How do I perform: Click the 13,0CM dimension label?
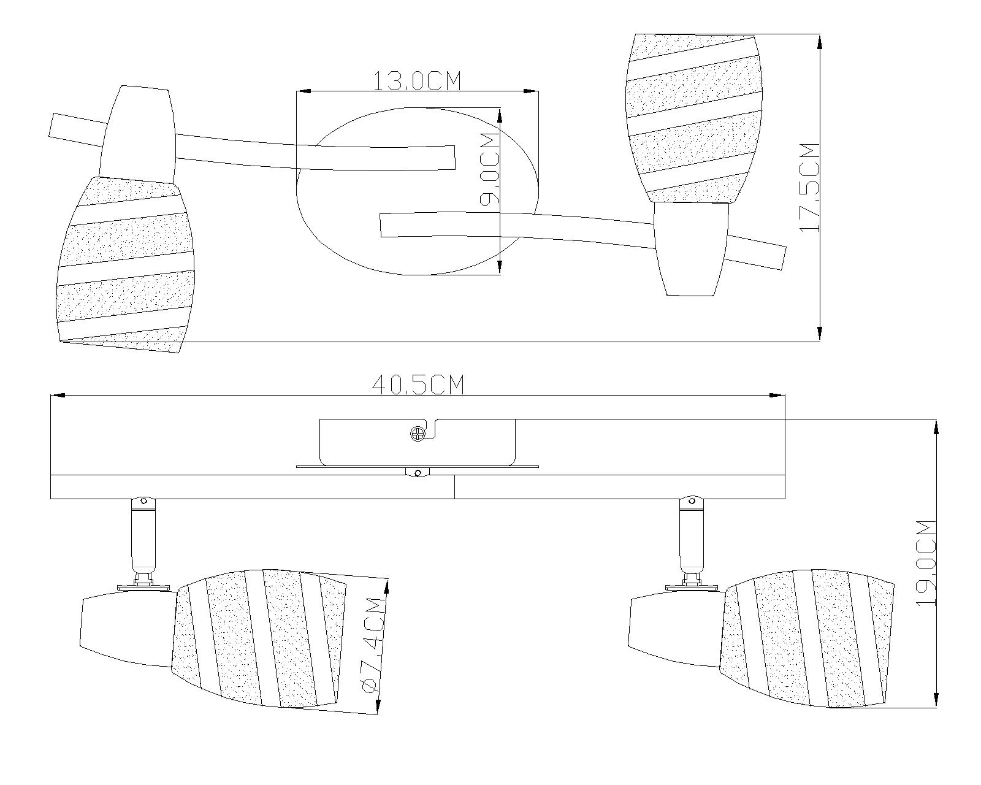[x=417, y=81]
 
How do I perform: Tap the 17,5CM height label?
[x=809, y=187]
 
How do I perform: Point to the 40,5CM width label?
[x=418, y=385]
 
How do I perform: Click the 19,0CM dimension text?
[x=926, y=562]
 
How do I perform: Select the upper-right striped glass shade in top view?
[x=693, y=117]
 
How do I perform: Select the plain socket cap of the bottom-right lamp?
[x=674, y=629]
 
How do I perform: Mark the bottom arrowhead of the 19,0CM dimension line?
[x=936, y=700]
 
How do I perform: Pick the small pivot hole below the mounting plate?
[x=418, y=473]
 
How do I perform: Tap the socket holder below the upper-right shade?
[x=691, y=248]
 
